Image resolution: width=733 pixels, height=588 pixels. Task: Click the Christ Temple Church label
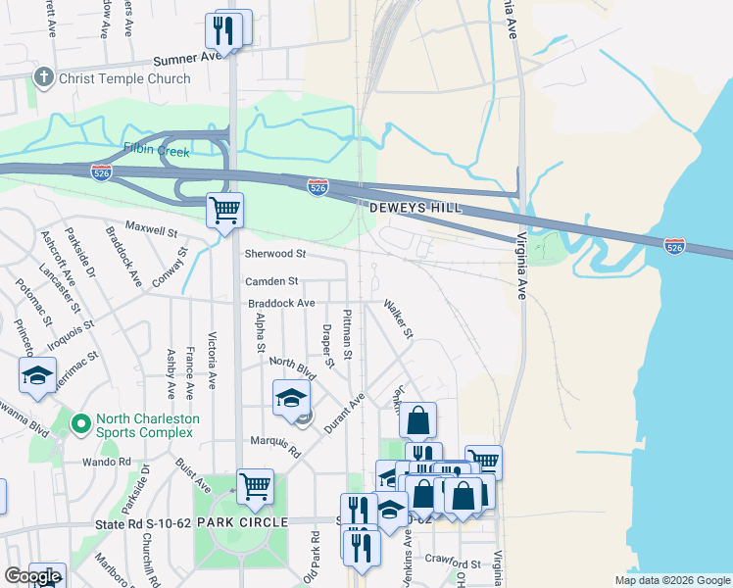tap(124, 78)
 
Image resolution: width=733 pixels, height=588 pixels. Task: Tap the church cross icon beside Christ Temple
tap(44, 77)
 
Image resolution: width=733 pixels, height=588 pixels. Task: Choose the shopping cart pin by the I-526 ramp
tap(225, 210)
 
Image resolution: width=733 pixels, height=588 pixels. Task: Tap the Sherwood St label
tap(274, 253)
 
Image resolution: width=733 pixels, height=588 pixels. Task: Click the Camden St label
tap(265, 281)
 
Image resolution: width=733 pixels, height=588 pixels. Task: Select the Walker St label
tap(399, 320)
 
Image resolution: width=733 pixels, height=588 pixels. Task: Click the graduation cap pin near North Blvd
tap(291, 398)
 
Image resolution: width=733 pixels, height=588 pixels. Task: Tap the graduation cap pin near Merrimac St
tap(38, 375)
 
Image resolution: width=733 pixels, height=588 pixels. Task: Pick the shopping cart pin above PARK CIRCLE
tap(255, 485)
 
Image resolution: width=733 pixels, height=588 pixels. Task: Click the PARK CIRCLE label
tap(242, 522)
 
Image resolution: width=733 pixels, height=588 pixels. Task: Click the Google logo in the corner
tap(32, 577)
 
